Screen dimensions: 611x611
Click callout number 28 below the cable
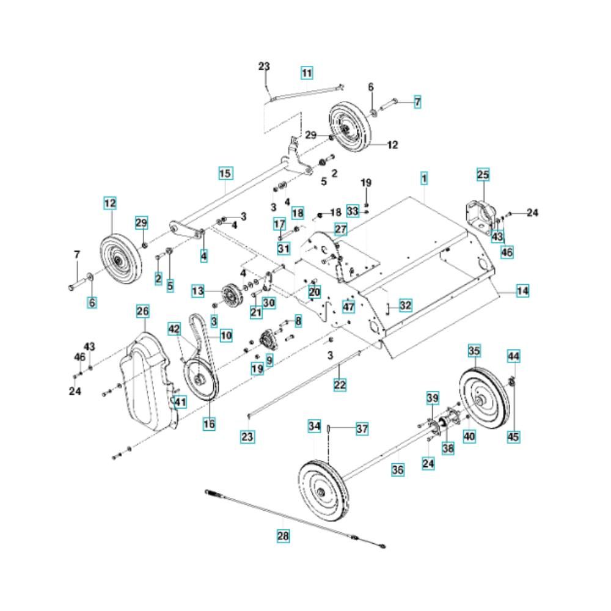click(x=282, y=536)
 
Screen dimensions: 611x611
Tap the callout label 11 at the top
click(x=307, y=73)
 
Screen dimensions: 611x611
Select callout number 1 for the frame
click(x=424, y=179)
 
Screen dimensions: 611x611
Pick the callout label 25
click(x=483, y=175)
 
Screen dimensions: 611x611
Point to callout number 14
click(x=522, y=291)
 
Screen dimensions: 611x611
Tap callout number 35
click(x=474, y=351)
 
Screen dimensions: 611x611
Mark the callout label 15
click(x=225, y=174)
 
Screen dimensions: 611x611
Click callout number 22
click(x=340, y=384)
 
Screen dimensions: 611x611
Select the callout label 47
click(x=348, y=307)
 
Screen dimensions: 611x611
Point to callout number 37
click(x=362, y=429)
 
